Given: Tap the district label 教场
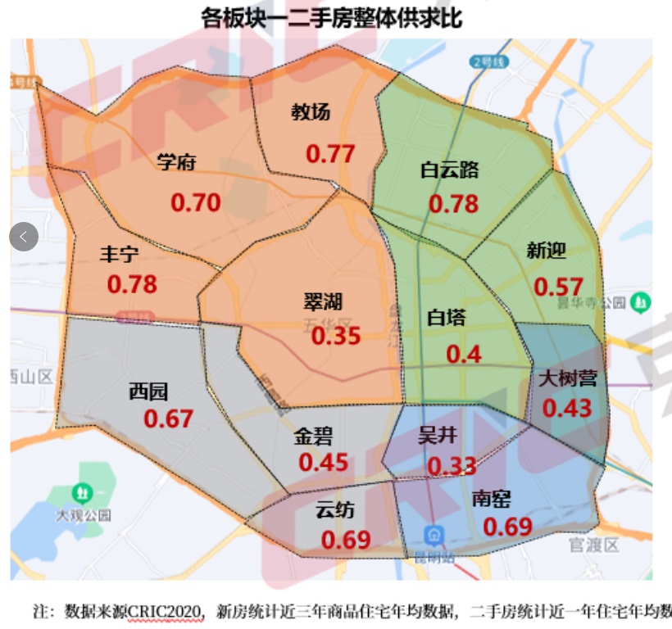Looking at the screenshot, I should point(311,112).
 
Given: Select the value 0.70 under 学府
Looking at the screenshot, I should point(196,201).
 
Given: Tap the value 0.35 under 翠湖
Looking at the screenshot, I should point(336,336).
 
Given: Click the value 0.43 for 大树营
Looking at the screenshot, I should point(567,407).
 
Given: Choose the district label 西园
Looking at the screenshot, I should point(148,391).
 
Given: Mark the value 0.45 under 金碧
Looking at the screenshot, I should point(323,463).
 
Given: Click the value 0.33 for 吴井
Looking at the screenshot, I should point(452,465).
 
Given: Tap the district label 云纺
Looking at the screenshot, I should point(335,510).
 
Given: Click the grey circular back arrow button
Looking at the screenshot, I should point(24,237).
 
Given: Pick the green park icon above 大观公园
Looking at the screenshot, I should point(82,493).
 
